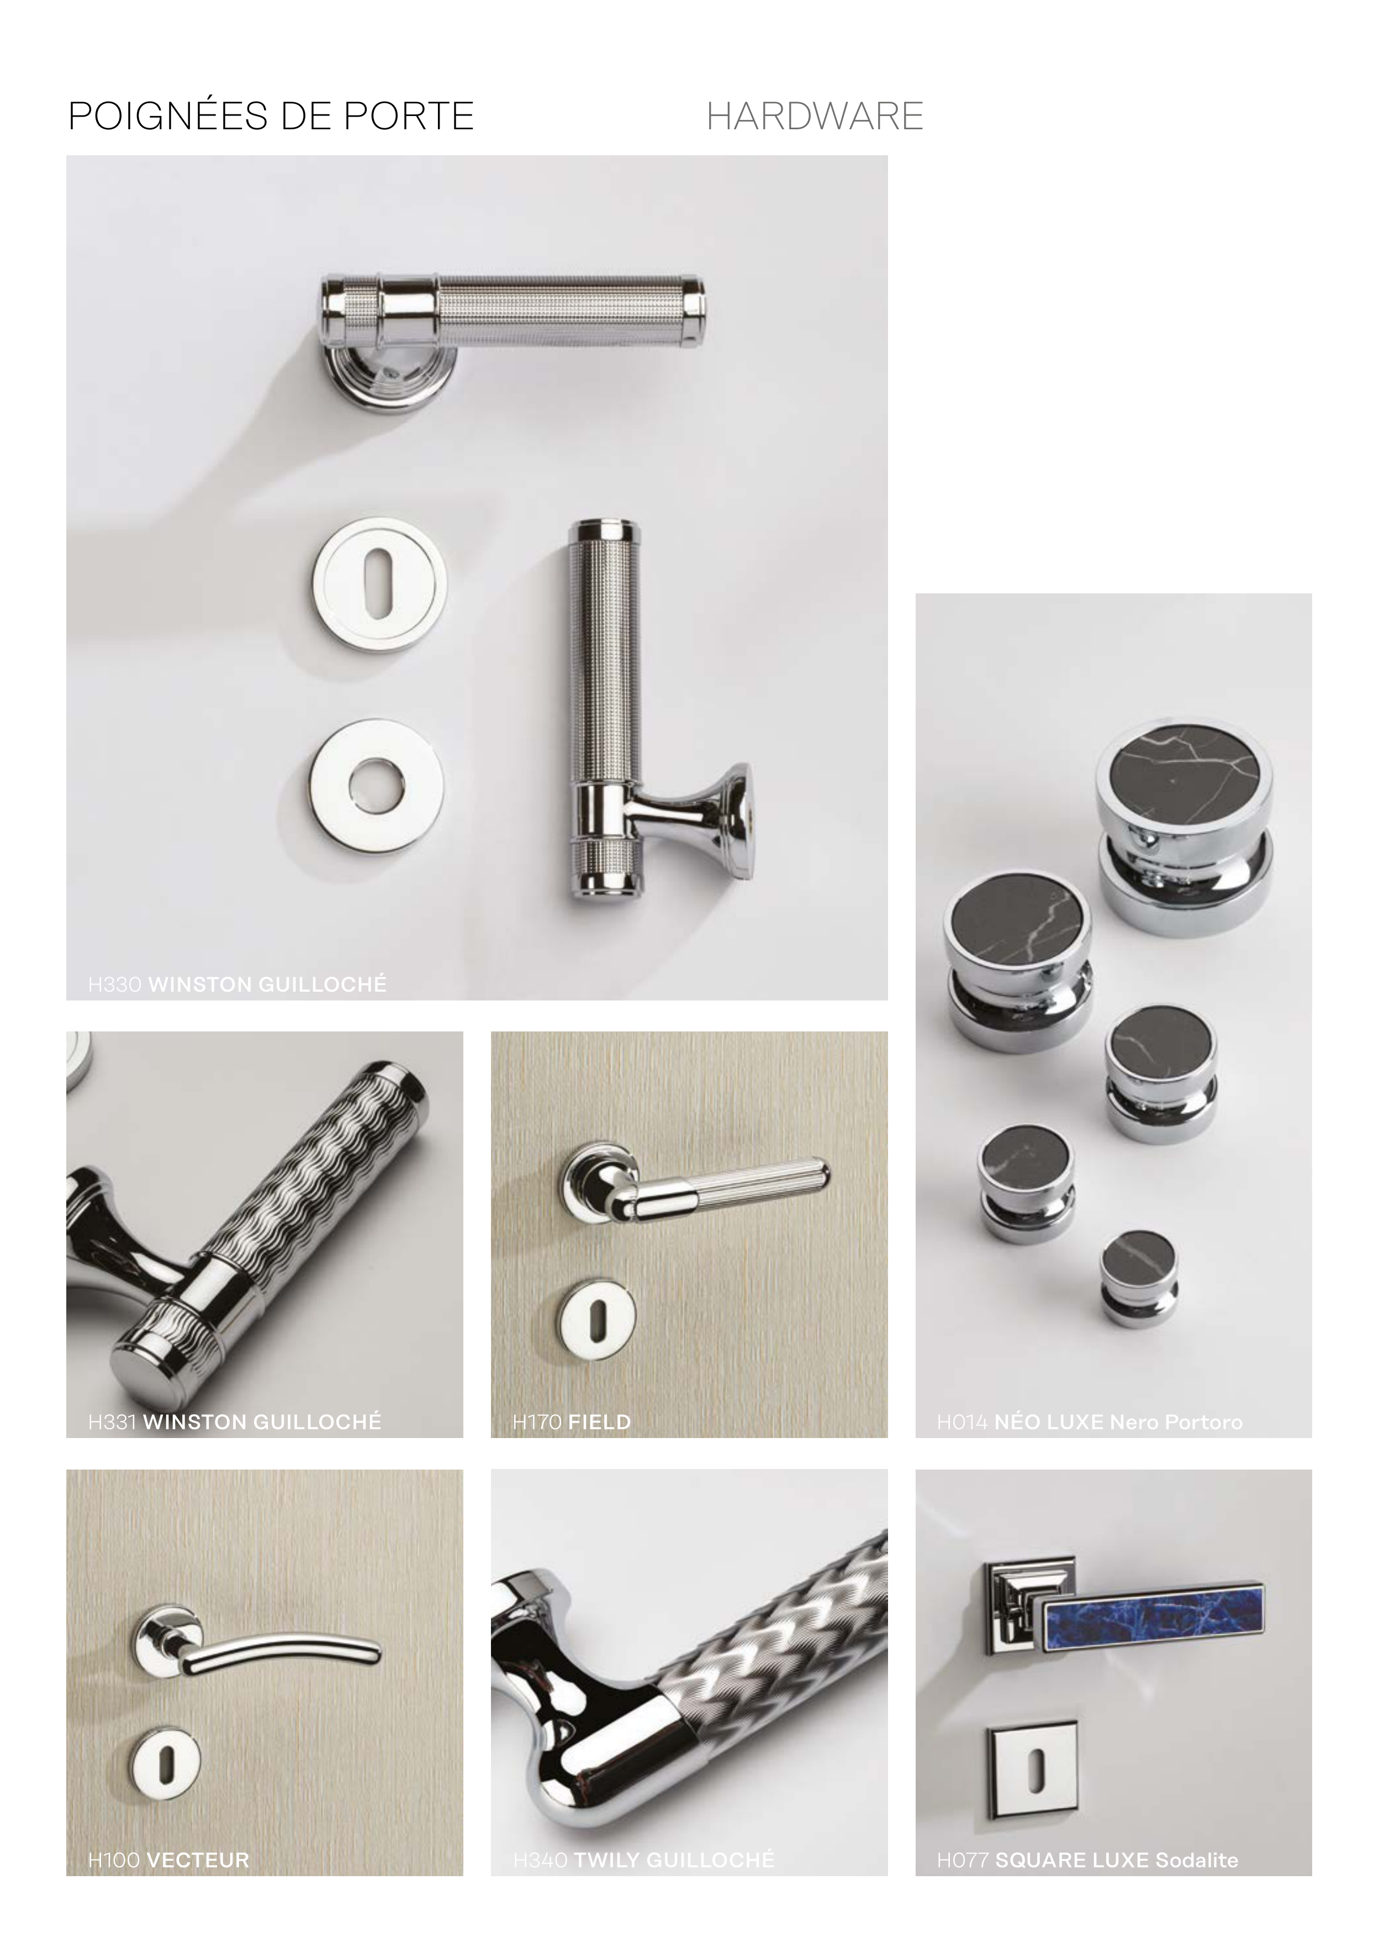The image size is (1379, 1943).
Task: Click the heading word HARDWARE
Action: pos(815,117)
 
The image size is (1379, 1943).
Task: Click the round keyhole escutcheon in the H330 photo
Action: pos(379,585)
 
